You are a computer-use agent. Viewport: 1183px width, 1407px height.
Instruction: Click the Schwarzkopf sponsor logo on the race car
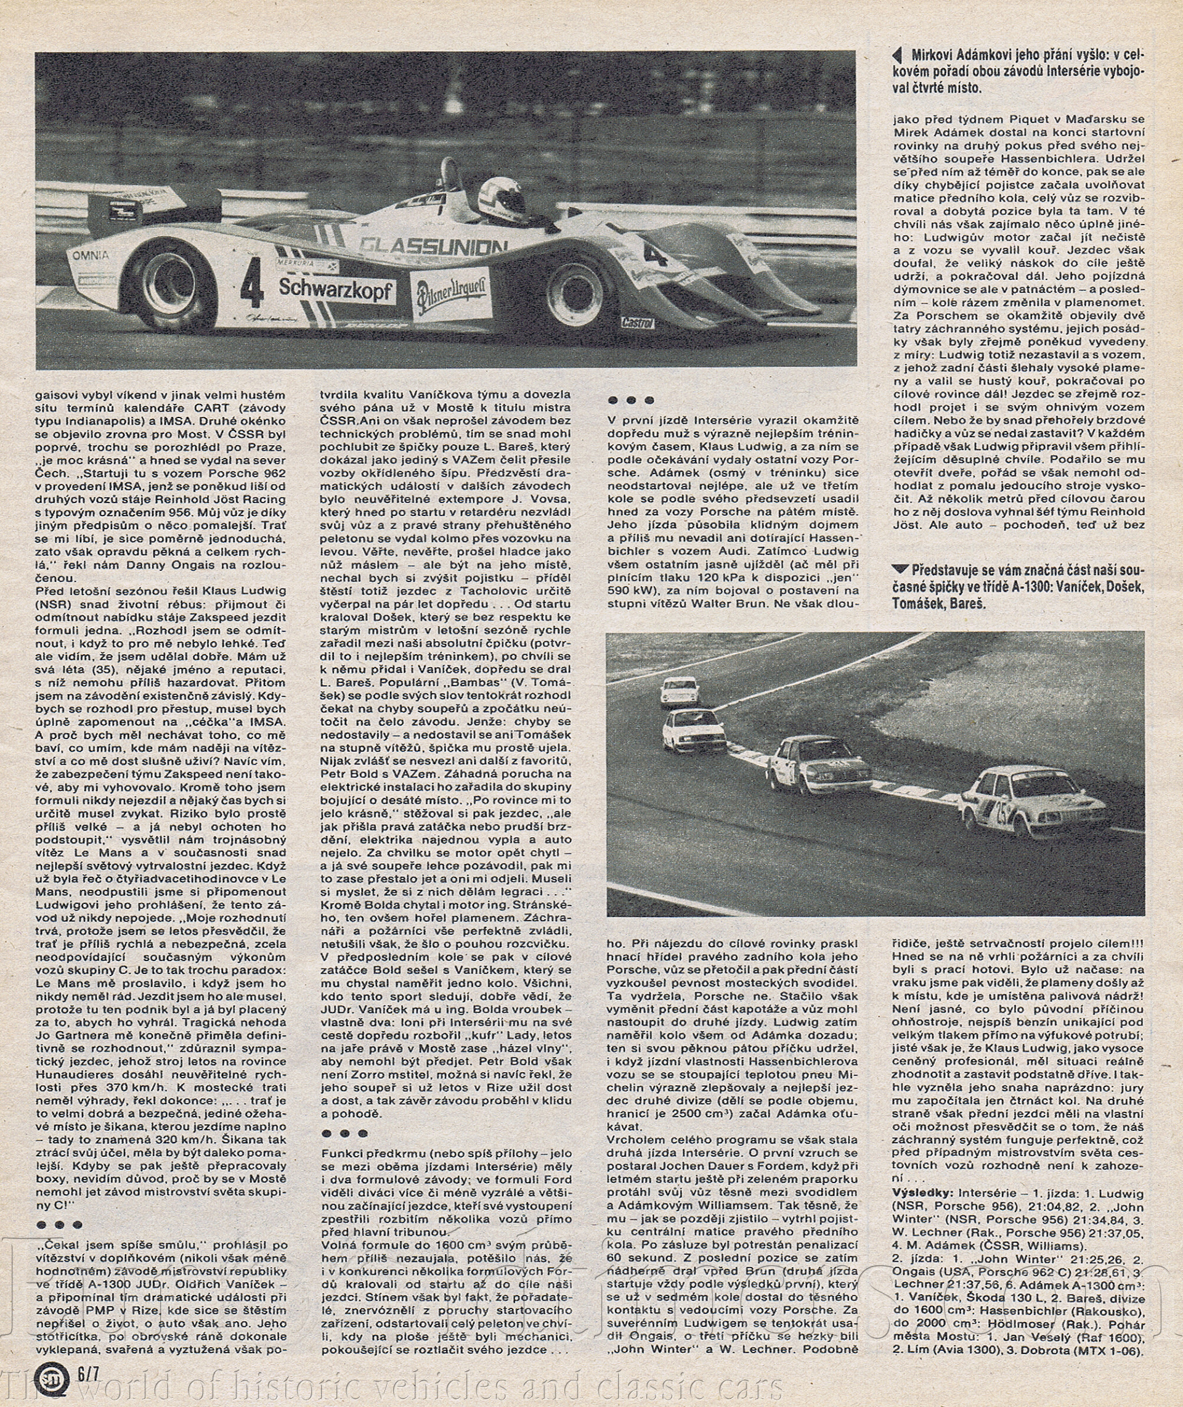point(336,288)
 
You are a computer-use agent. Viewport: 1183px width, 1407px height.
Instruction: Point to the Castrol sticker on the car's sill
point(637,322)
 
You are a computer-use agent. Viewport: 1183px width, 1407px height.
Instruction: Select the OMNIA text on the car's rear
point(91,255)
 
